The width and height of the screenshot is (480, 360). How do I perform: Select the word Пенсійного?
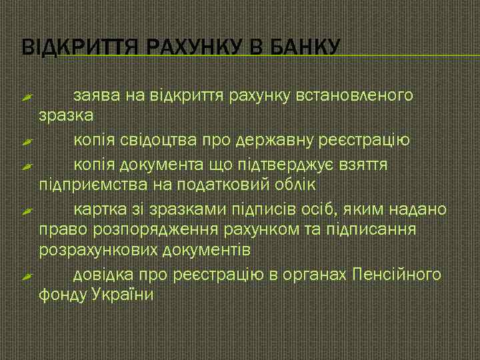pos(396,274)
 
